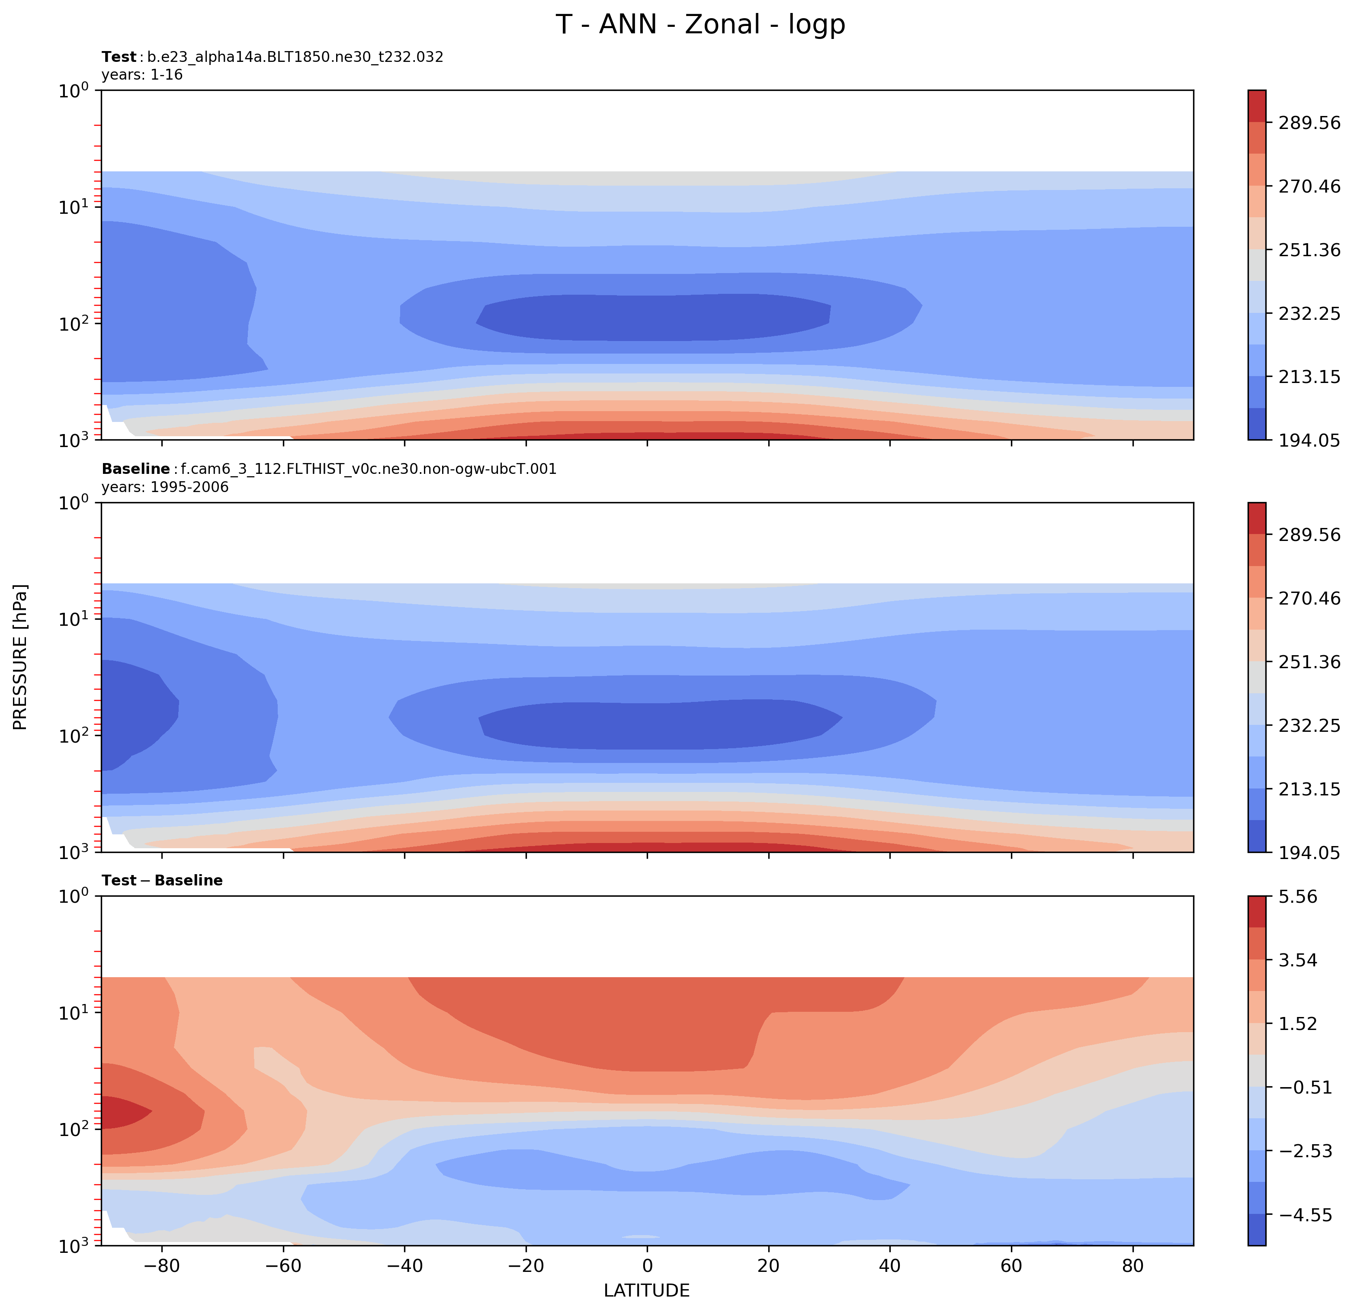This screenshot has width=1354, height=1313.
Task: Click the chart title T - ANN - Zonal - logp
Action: (x=700, y=25)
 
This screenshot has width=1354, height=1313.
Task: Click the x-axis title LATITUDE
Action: (x=647, y=1290)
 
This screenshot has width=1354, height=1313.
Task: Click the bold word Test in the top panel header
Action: (x=119, y=58)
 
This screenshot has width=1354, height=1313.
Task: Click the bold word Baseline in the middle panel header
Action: (x=135, y=469)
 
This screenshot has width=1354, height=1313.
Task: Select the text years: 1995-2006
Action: (x=164, y=487)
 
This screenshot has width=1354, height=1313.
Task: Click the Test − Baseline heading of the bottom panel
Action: (x=162, y=880)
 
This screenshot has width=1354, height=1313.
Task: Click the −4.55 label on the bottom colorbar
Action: (x=1305, y=1216)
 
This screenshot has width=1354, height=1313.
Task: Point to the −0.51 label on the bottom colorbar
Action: (x=1305, y=1088)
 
